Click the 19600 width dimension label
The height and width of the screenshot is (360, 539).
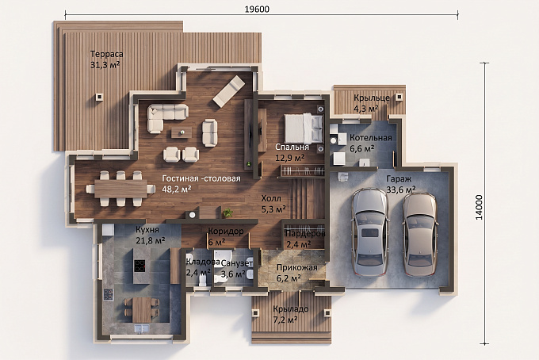pos(257,9)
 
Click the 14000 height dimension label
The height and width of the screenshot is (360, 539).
pos(479,207)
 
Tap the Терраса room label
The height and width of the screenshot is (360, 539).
pos(106,54)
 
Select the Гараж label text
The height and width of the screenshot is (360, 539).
pos(399,179)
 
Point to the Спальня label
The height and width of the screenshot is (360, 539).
pos(292,147)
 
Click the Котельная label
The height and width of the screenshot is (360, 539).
pos(371,138)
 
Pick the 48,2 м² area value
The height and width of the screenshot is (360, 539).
pos(177,189)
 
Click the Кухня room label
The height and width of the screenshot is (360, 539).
pos(147,229)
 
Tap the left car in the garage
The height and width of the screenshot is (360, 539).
pos(370,232)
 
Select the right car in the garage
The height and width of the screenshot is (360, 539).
pos(420,236)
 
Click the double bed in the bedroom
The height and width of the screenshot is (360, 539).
pos(304,128)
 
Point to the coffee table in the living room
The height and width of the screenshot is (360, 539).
pos(182,132)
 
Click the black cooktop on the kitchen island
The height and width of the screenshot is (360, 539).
pos(140,266)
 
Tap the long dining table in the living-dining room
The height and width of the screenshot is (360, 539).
pos(120,189)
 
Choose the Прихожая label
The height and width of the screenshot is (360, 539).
pos(297,267)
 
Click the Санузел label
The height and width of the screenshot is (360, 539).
pos(237,263)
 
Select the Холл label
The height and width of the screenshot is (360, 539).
pos(271,198)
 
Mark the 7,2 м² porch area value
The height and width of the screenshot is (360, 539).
pos(285,320)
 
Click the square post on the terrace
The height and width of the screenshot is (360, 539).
pos(99,98)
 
